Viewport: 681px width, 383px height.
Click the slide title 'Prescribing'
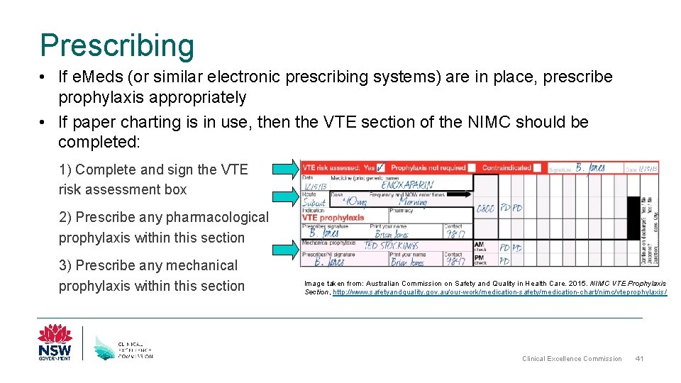[117, 45]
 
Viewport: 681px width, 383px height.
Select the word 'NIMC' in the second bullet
[484, 122]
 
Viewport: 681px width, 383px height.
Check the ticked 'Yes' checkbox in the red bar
[382, 167]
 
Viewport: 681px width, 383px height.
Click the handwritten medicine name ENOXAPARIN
[407, 184]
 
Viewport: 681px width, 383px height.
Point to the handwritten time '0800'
[485, 209]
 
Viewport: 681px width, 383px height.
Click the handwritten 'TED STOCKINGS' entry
[390, 245]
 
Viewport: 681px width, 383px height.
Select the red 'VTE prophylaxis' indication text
[333, 218]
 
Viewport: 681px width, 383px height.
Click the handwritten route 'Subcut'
[314, 202]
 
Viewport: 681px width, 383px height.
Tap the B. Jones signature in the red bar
[589, 168]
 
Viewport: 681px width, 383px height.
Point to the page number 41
[639, 358]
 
